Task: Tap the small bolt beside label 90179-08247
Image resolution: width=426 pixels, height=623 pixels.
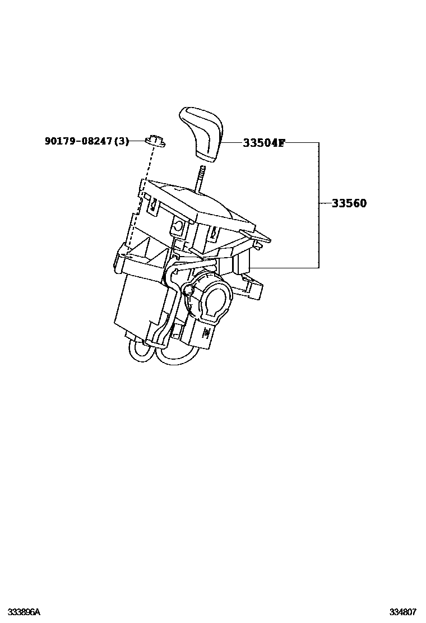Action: (x=155, y=140)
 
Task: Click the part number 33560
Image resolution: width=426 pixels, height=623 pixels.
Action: (x=349, y=203)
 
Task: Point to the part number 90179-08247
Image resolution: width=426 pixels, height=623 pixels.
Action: (x=79, y=142)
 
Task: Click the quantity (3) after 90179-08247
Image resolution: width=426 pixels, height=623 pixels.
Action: (x=121, y=142)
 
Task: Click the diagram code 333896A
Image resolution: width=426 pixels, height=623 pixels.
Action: (x=24, y=611)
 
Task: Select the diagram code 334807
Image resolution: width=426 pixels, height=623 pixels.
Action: (x=403, y=611)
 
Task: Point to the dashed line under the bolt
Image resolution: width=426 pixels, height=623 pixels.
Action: (x=140, y=196)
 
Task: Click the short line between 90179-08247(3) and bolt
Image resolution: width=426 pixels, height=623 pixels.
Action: (x=138, y=141)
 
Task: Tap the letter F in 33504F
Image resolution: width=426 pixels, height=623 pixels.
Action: (x=281, y=143)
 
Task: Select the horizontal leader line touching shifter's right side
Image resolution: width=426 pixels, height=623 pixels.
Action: (x=286, y=267)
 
